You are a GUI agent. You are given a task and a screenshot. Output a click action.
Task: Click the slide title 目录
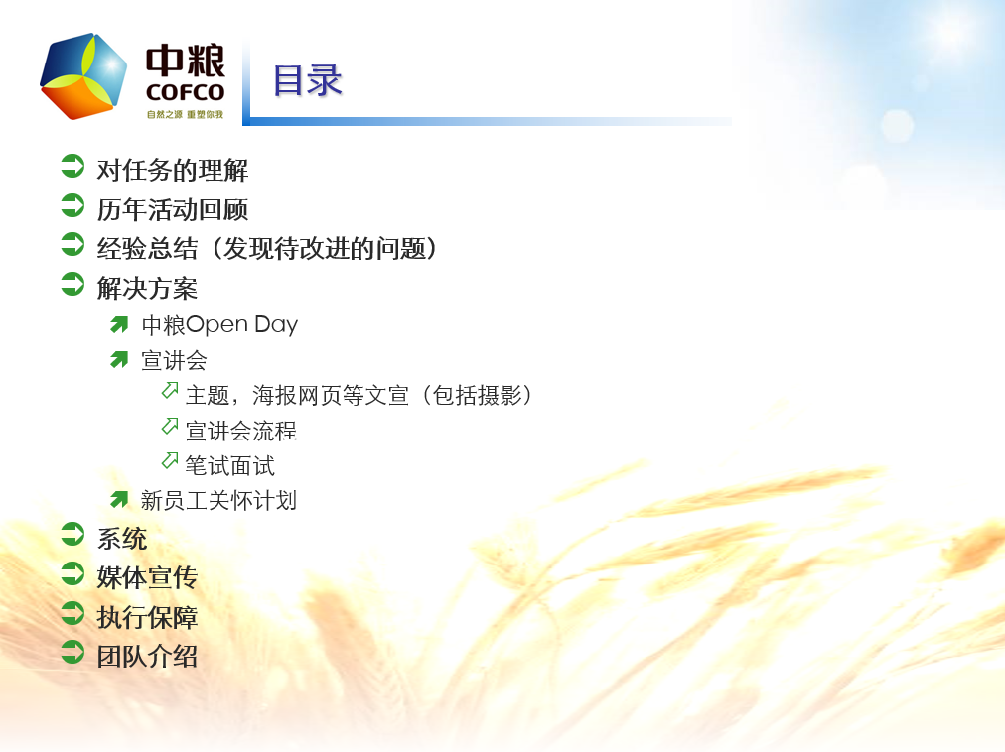[308, 80]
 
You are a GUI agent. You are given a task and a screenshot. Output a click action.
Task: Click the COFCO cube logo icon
[83, 76]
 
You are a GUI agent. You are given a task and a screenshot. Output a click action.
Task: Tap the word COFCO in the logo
[186, 92]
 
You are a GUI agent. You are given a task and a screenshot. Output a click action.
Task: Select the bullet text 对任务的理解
[173, 170]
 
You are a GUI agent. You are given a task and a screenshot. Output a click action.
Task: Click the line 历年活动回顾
[173, 209]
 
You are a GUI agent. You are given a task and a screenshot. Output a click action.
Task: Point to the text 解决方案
[147, 288]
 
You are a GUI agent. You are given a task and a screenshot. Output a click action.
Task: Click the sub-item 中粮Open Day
[219, 324]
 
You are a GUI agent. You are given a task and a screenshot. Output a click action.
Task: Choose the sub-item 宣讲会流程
[241, 431]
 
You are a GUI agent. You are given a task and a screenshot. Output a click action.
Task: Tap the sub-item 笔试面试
[229, 465]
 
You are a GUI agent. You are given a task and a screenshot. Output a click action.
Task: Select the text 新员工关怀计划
[218, 500]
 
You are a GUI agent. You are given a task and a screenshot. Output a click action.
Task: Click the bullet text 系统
[122, 538]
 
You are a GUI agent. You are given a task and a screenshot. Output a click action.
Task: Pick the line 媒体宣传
[147, 577]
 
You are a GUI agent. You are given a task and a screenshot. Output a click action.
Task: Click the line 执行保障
[147, 617]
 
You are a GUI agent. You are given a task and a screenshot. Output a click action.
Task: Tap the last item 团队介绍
[147, 656]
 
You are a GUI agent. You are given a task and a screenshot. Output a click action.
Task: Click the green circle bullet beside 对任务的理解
[72, 166]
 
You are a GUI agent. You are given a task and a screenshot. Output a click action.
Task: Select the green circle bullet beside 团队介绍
[72, 652]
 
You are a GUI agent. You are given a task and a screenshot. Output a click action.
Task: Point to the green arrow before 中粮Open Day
[119, 325]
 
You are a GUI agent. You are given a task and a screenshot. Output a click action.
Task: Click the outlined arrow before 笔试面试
[170, 460]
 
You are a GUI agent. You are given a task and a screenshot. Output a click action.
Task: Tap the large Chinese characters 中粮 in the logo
[186, 61]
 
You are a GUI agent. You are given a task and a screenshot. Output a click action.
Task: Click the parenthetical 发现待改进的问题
[325, 249]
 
